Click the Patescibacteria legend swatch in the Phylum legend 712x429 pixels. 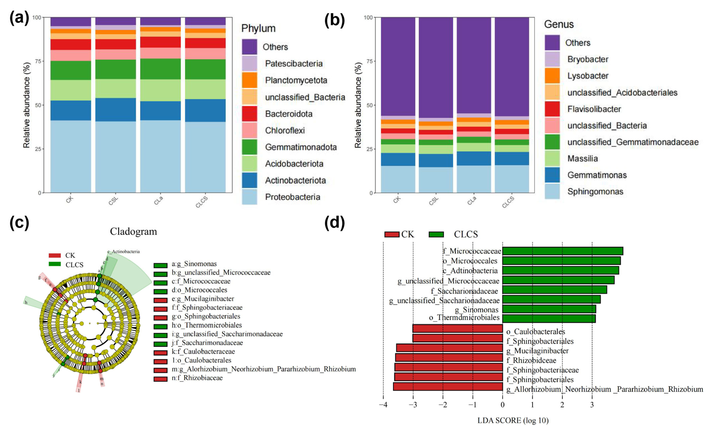pyautogui.click(x=249, y=63)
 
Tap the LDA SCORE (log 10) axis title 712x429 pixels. pyautogui.click(x=513, y=420)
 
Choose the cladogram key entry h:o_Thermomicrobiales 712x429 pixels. pyautogui.click(x=207, y=325)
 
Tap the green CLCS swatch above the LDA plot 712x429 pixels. pyautogui.click(x=436, y=234)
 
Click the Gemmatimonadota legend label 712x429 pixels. pyautogui.click(x=301, y=147)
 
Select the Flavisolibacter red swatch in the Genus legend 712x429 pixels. pyautogui.click(x=552, y=109)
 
